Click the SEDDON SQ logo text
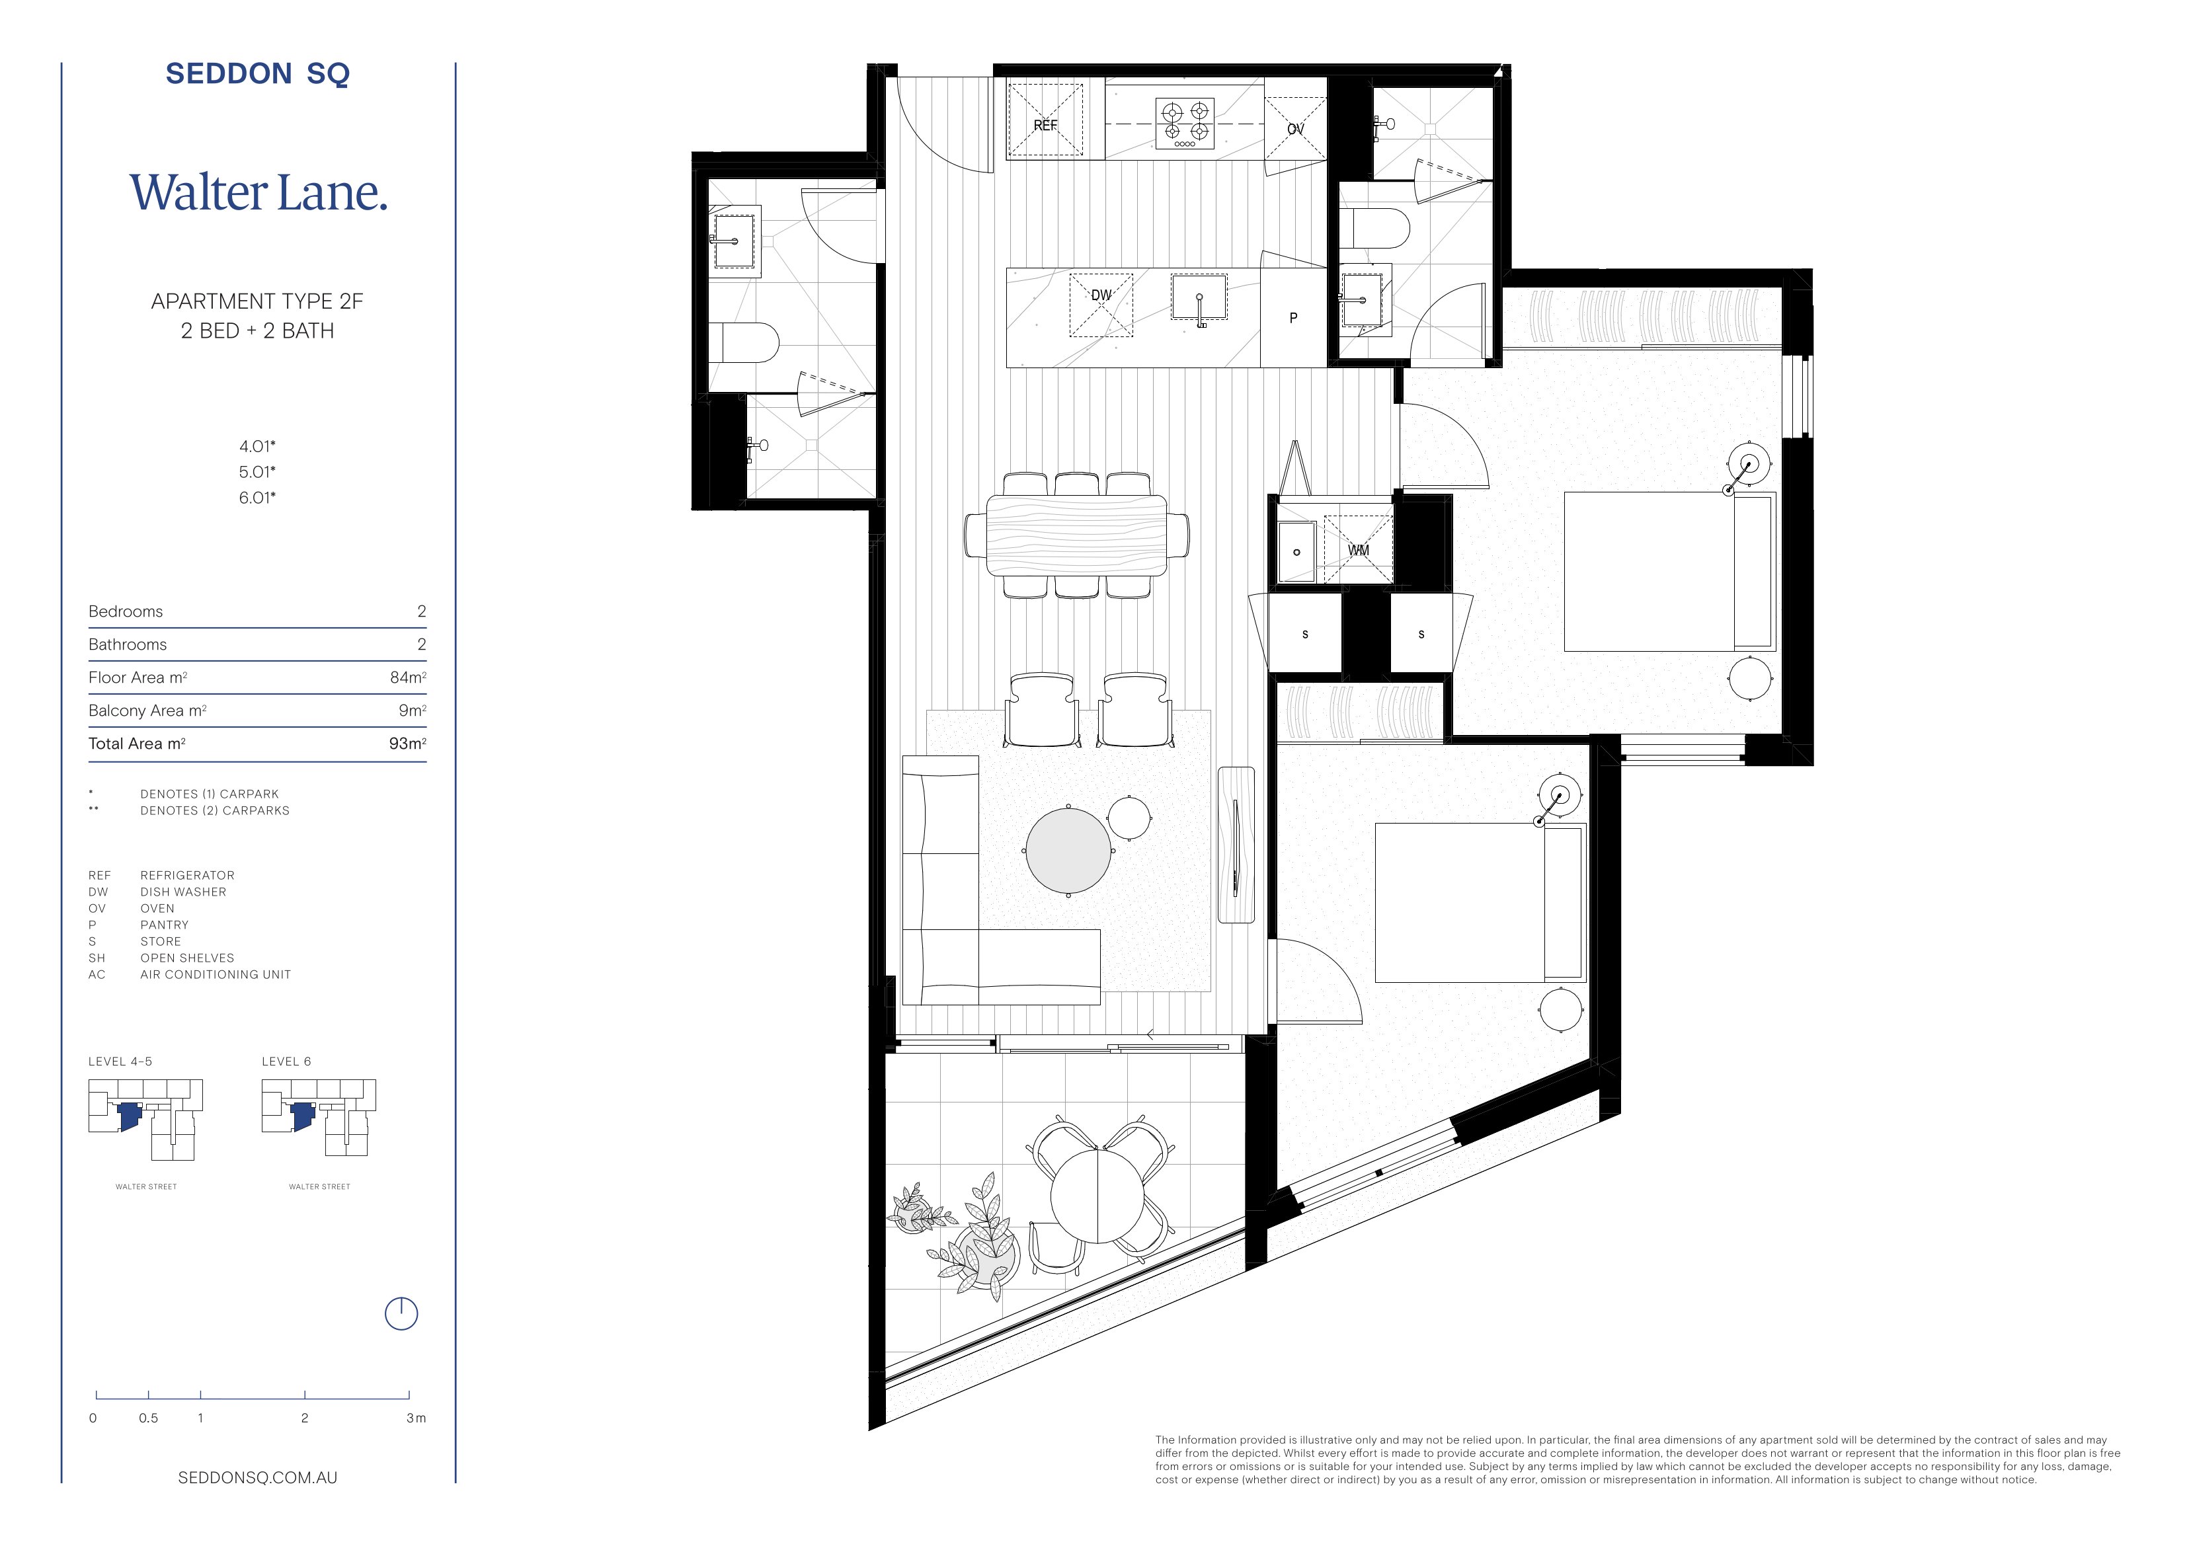[257, 73]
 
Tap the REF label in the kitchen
[1045, 125]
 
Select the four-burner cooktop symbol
[1185, 123]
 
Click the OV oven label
[1295, 129]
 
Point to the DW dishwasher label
[1101, 295]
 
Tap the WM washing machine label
[1359, 551]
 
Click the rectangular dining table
[1076, 535]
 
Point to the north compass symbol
[401, 1313]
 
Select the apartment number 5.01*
[257, 471]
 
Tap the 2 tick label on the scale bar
[305, 1417]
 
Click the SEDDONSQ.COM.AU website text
[257, 1477]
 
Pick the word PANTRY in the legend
[165, 925]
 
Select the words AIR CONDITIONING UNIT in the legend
[216, 974]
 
